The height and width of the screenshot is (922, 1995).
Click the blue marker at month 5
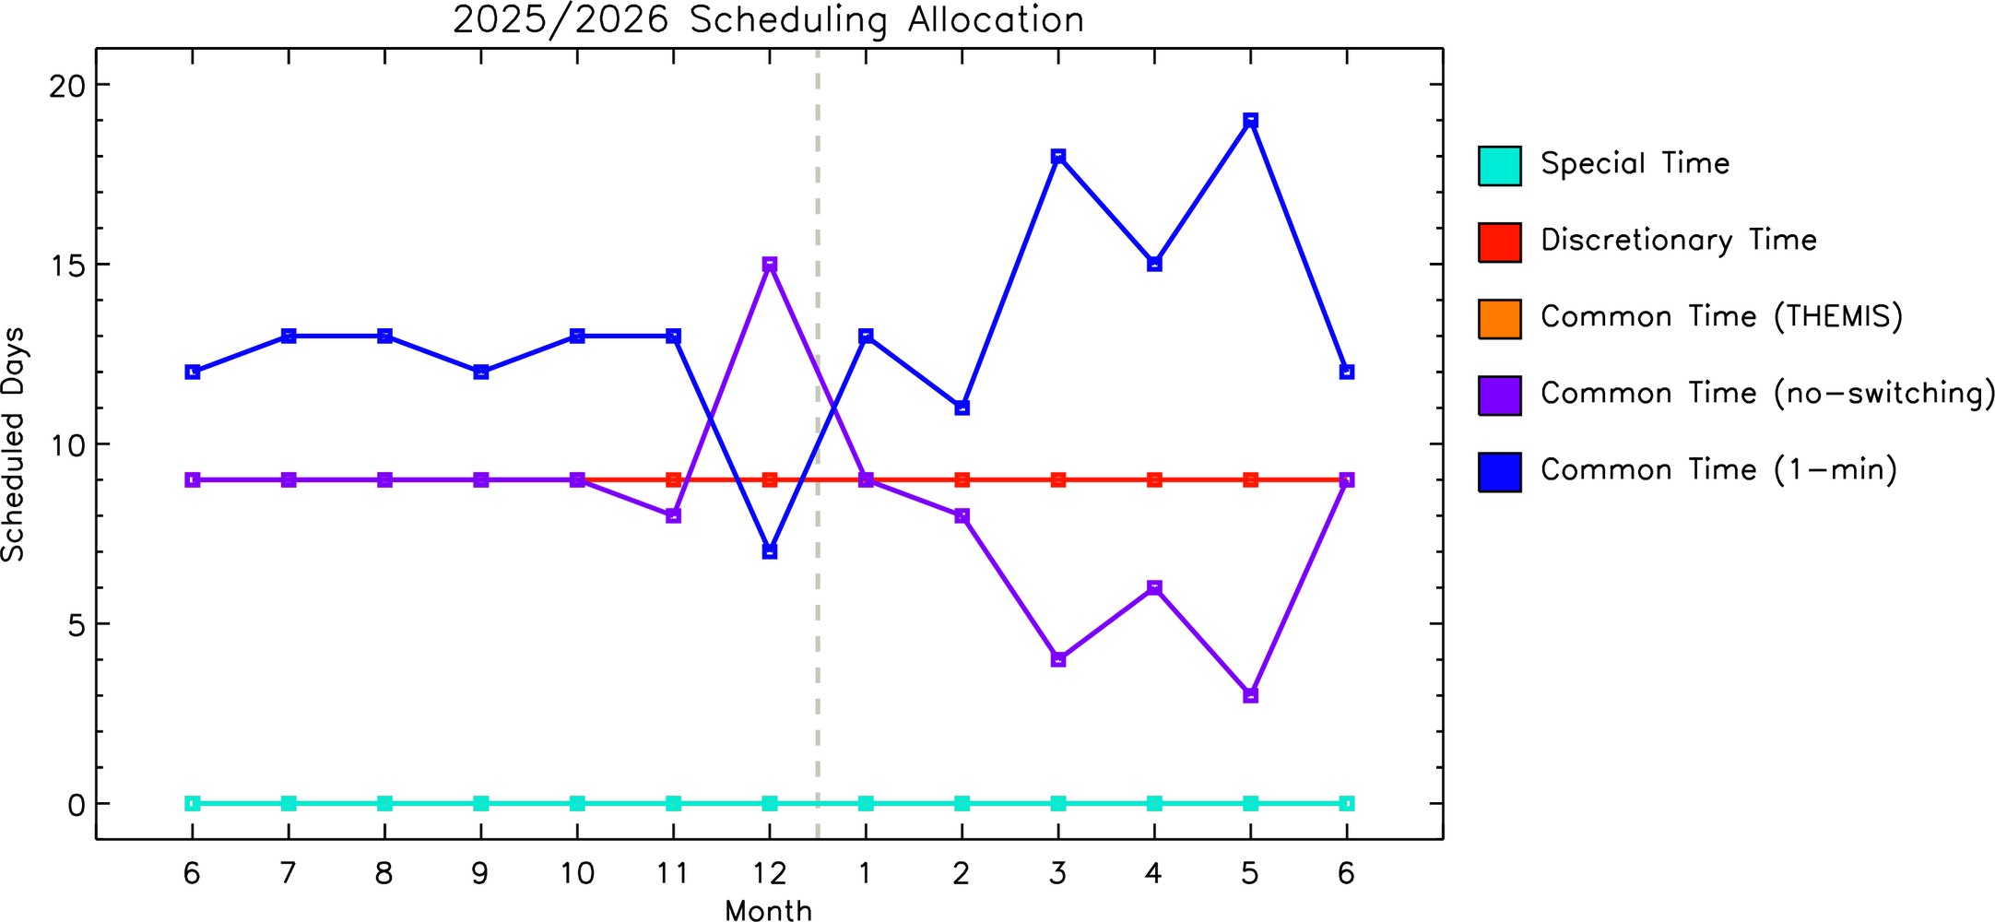click(1250, 121)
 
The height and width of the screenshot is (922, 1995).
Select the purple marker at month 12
click(770, 265)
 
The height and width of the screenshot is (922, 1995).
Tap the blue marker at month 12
click(770, 551)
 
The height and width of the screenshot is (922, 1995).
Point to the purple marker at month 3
click(1058, 659)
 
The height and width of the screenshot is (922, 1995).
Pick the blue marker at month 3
click(1058, 157)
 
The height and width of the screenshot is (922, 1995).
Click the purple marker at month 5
click(1250, 695)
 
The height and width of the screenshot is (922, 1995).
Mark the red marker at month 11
click(674, 479)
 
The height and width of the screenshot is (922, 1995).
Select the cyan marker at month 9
click(481, 803)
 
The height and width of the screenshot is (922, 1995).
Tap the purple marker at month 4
click(1154, 587)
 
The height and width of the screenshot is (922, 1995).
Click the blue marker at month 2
click(962, 408)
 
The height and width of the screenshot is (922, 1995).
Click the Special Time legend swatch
click(1500, 166)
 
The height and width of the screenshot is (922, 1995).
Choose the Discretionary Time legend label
click(1679, 241)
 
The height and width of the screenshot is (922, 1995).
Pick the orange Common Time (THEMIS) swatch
click(1500, 319)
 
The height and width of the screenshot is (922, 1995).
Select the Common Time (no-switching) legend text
click(1768, 394)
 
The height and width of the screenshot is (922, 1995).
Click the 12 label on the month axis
click(770, 872)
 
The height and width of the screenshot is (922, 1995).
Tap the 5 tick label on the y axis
click(76, 624)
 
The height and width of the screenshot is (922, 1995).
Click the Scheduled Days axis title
click(14, 444)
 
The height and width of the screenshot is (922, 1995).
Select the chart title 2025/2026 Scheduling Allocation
click(769, 20)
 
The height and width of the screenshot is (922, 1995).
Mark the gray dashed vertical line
click(818, 443)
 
